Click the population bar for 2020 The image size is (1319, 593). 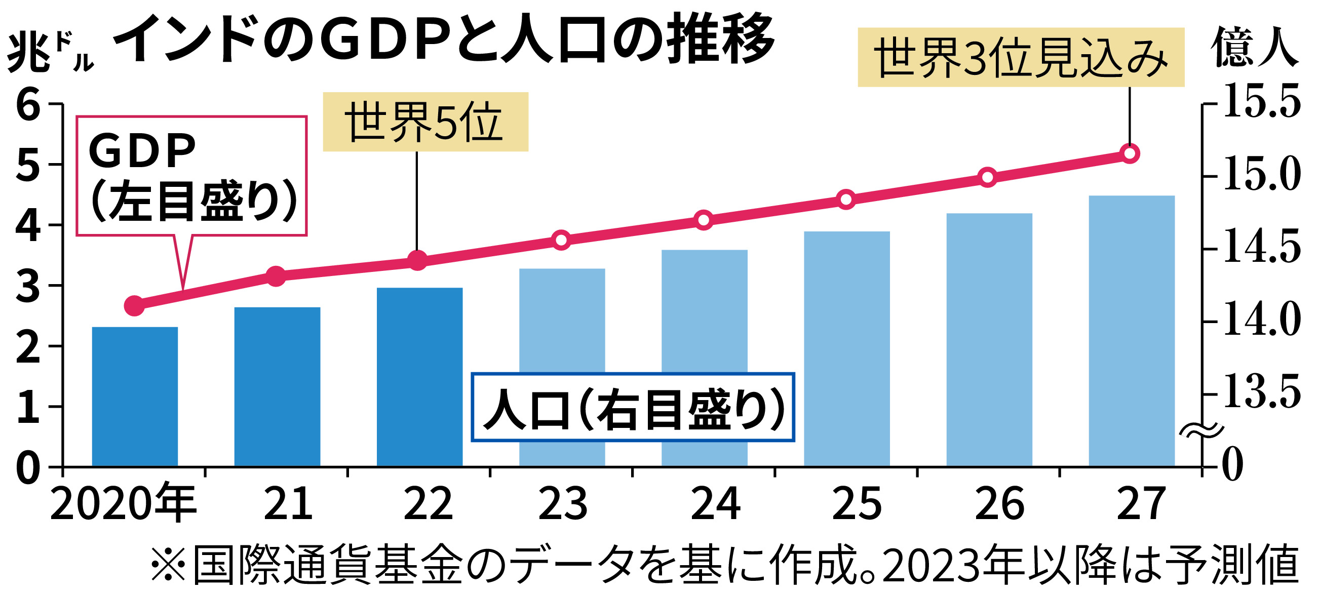[x=135, y=397]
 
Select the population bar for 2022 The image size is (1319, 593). [x=420, y=377]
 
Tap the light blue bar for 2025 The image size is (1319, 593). [x=847, y=348]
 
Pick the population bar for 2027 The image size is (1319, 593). [x=1132, y=330]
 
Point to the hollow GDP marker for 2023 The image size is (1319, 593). [x=561, y=240]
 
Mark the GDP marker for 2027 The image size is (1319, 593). [x=1130, y=153]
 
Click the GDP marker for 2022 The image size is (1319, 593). [x=418, y=261]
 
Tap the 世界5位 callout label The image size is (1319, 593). [x=425, y=122]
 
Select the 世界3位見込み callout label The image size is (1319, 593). [x=1021, y=57]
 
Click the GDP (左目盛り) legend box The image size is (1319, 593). [x=191, y=176]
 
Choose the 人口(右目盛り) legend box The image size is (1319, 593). [x=632, y=408]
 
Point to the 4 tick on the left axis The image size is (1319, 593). [x=28, y=225]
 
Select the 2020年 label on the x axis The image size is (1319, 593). [x=123, y=504]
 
